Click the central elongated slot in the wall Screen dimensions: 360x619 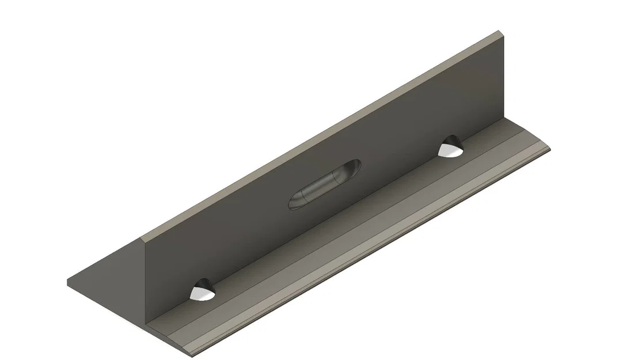click(325, 184)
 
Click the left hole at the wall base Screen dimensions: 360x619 click(202, 291)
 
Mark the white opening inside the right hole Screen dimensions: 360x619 click(450, 151)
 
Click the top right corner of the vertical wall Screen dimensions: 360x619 click(503, 34)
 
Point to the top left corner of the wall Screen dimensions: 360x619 click(142, 238)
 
